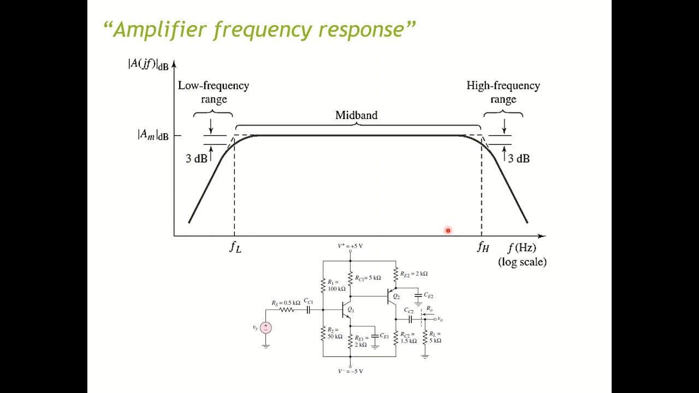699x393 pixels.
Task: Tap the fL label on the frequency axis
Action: coord(235,247)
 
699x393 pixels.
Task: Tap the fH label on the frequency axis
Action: coord(483,247)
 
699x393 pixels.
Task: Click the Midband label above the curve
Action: coord(356,115)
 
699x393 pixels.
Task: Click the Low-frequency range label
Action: coord(214,92)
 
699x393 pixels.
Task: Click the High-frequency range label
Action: coord(503,92)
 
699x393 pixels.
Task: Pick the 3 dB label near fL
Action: coord(196,159)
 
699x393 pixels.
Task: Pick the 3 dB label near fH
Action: coord(518,159)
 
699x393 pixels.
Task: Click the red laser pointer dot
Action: coord(448,231)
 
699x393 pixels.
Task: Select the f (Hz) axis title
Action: coord(522,248)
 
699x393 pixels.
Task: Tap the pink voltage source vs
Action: coord(266,327)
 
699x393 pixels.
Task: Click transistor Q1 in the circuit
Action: coord(346,310)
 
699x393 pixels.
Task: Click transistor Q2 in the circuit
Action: coord(392,296)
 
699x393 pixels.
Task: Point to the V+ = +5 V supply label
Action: coord(350,246)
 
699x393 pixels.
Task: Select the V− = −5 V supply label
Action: coord(350,371)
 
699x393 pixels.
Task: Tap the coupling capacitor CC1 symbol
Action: coord(309,309)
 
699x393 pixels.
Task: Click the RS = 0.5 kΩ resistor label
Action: coord(286,303)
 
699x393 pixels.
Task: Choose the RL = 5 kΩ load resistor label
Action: coord(435,337)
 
